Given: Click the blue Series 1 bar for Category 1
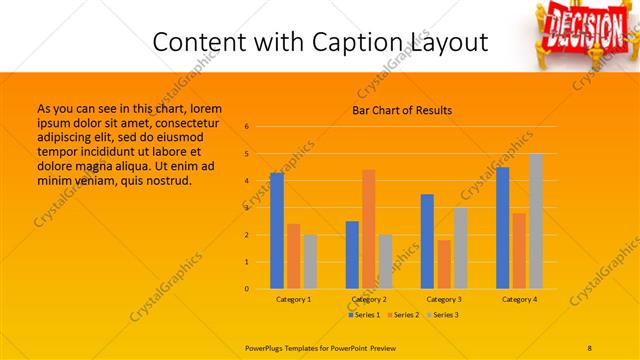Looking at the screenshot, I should point(277,231).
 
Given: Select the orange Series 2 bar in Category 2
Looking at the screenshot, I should point(369,229).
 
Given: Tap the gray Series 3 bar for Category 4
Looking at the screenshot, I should point(536,221).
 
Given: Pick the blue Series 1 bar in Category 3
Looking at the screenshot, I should point(428,241).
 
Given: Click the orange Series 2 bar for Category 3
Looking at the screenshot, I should point(444,264).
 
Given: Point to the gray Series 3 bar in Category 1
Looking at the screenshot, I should point(310,262).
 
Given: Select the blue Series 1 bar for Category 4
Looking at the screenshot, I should point(502,228).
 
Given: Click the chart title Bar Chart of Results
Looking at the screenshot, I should point(402,110).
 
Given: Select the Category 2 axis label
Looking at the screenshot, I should point(369,299).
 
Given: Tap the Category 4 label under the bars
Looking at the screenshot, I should point(519,299).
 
